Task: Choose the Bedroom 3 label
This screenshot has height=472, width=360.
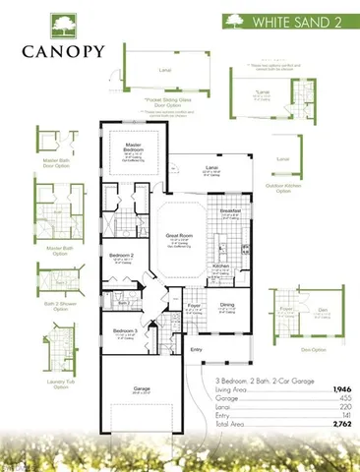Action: pos(122,331)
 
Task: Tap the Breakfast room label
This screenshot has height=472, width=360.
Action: pos(231,209)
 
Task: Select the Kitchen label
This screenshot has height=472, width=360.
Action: pos(221,265)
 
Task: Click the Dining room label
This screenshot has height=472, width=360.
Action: pos(227,305)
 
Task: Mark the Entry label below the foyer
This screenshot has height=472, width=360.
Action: pos(196,348)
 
